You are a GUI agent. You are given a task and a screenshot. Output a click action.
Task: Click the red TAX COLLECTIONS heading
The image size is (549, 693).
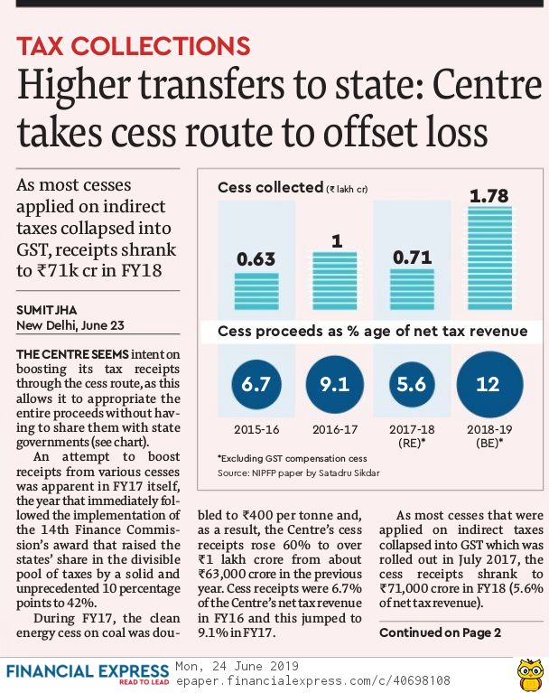click(x=134, y=47)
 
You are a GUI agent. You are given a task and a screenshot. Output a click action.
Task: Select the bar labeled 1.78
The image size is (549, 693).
click(x=489, y=263)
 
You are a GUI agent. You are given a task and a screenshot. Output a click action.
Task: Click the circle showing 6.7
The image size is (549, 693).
click(x=256, y=385)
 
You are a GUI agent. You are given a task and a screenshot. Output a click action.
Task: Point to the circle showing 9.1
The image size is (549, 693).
click(x=335, y=385)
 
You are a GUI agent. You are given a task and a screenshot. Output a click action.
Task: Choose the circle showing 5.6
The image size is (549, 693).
click(x=413, y=385)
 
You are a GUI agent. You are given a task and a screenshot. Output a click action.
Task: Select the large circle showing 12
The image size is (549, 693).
click(x=489, y=385)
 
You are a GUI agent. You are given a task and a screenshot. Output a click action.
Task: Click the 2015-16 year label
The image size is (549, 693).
click(x=256, y=429)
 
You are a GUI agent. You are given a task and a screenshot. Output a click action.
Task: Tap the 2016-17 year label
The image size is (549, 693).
click(x=335, y=429)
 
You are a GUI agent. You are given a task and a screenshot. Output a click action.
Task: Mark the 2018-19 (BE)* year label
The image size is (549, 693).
click(x=489, y=436)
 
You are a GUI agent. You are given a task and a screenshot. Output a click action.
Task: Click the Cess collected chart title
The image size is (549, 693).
click(x=270, y=188)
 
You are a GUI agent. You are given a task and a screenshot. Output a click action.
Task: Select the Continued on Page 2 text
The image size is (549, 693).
click(x=440, y=632)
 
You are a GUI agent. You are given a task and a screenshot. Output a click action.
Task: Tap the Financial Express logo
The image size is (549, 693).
click(x=88, y=673)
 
